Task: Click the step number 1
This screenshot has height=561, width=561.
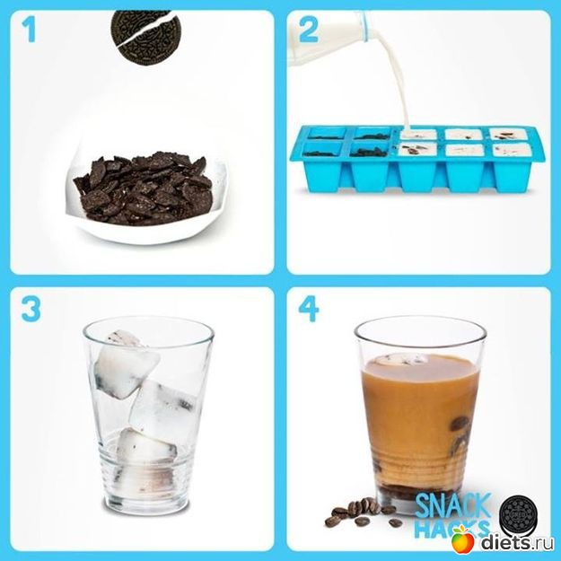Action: pyautogui.click(x=29, y=31)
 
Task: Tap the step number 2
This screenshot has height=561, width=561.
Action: pyautogui.click(x=309, y=30)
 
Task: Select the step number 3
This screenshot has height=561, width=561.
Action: pyautogui.click(x=31, y=309)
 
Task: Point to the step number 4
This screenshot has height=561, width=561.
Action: pyautogui.click(x=309, y=309)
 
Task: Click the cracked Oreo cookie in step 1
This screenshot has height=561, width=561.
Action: pyautogui.click(x=145, y=38)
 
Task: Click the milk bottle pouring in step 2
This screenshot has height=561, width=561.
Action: pyautogui.click(x=329, y=39)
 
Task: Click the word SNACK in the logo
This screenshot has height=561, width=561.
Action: pyautogui.click(x=453, y=505)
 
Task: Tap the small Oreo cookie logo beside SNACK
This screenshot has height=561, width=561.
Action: pyautogui.click(x=519, y=513)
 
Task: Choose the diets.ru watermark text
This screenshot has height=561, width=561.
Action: pyautogui.click(x=517, y=541)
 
